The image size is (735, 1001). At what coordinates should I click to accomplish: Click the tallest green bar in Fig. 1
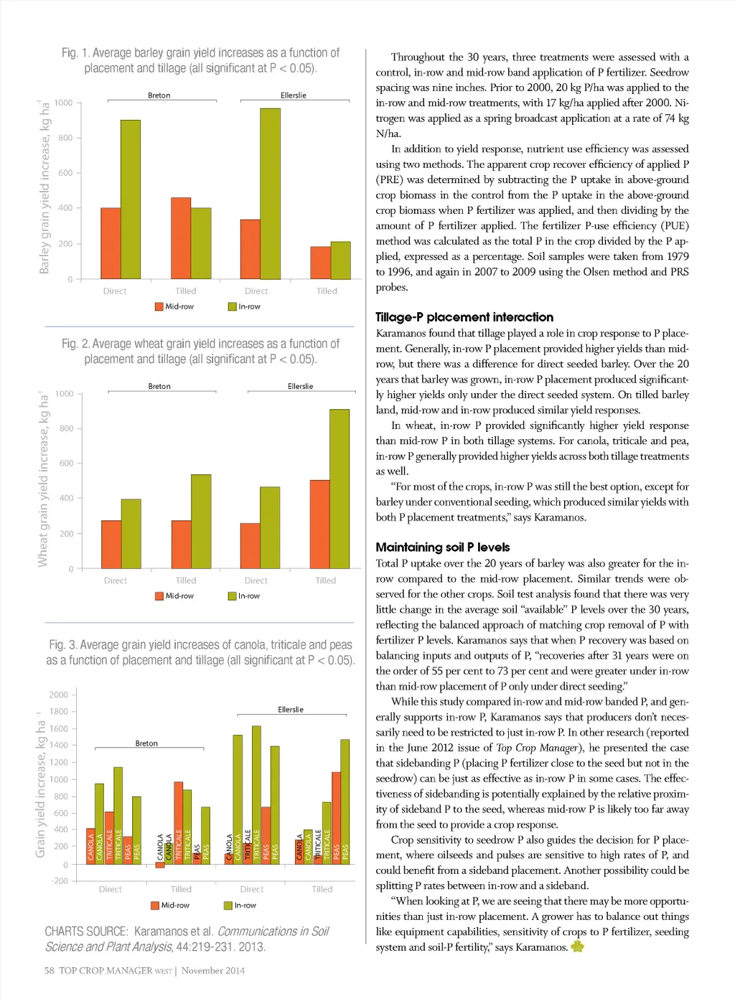click(x=270, y=194)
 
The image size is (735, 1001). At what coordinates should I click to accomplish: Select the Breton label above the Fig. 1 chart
click(x=159, y=95)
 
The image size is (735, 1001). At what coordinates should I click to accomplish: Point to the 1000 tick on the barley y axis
click(x=64, y=103)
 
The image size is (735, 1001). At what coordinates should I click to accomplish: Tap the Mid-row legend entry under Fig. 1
click(x=174, y=306)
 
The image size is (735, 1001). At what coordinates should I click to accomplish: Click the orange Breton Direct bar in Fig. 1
click(x=111, y=243)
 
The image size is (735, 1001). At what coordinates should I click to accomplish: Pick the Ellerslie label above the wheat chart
click(x=300, y=386)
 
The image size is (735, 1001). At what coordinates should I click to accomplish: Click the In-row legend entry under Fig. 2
click(x=243, y=596)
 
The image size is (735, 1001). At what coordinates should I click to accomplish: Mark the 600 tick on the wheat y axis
click(x=66, y=464)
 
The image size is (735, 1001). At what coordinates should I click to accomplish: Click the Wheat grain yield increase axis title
click(x=44, y=479)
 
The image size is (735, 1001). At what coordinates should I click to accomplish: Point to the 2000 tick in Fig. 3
click(x=59, y=695)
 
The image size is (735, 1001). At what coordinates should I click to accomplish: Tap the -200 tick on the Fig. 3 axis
click(x=60, y=880)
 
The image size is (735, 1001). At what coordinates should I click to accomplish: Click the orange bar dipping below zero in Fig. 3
click(x=160, y=865)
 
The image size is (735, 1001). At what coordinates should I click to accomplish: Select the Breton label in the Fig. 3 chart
click(x=146, y=743)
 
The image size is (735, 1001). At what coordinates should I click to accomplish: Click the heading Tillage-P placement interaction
click(x=464, y=317)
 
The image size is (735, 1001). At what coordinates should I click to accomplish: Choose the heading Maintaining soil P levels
click(x=443, y=547)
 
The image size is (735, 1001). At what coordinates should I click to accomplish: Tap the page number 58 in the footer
click(x=50, y=971)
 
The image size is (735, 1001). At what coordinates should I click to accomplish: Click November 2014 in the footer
click(x=213, y=971)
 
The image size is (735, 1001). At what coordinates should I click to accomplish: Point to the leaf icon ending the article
click(x=577, y=946)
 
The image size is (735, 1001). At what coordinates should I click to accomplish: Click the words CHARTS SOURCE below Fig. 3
click(x=86, y=931)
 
